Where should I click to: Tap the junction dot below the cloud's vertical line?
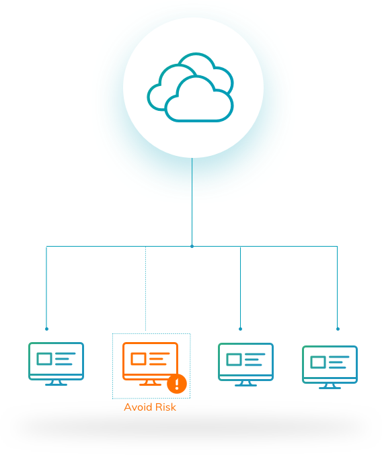coord(192,247)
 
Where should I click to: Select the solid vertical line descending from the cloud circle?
coord(192,202)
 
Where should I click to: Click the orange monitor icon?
coord(150,364)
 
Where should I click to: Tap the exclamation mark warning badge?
coord(177,384)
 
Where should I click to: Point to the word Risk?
coord(165,407)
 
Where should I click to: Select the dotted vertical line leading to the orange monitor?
coord(145,289)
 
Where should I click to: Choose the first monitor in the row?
coord(56,364)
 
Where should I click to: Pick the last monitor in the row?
coord(330,367)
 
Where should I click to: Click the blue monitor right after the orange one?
coord(245,364)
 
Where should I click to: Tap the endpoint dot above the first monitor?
coord(46,329)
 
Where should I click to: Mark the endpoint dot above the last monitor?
coord(338,329)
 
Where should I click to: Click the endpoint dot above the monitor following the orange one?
coord(240,329)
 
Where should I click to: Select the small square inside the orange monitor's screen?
coord(139,359)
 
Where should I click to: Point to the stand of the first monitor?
coord(56,382)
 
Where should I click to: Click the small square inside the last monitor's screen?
coord(318,362)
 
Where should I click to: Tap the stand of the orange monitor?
coord(150,383)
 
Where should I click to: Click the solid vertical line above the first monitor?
coord(46,287)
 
